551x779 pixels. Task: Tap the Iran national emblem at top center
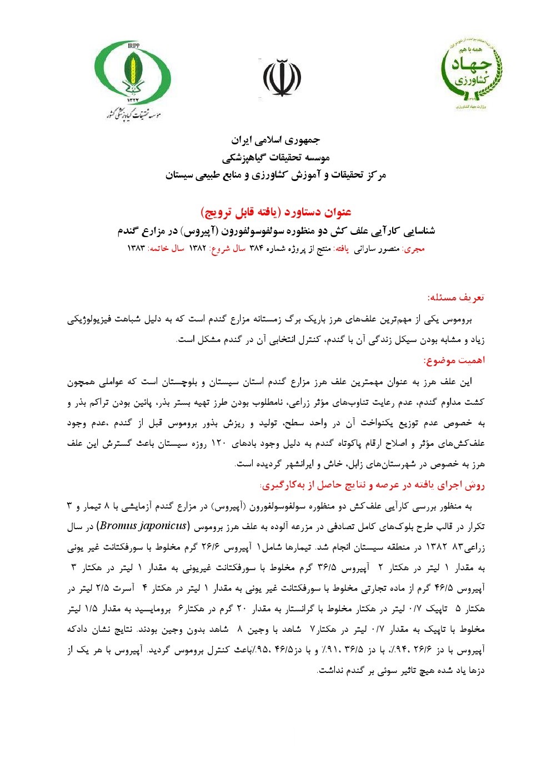pyautogui.click(x=282, y=77)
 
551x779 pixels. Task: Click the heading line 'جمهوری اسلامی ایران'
pyautogui.click(x=276, y=139)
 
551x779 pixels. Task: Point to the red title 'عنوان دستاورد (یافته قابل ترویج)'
pyautogui.click(x=276, y=212)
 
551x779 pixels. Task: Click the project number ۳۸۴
pyautogui.click(x=256, y=249)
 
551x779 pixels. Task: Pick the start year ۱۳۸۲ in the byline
pyautogui.click(x=198, y=249)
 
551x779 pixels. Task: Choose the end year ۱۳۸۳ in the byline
pyautogui.click(x=136, y=249)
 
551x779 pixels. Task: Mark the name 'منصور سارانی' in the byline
pyautogui.click(x=377, y=249)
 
